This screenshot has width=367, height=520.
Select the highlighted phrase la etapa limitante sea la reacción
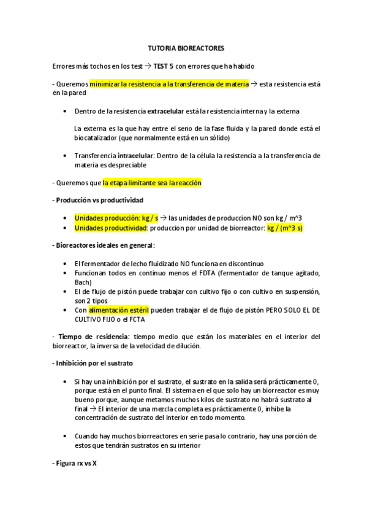152,183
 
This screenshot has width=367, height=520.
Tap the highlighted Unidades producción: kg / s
116,218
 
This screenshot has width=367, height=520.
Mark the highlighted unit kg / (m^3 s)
285,227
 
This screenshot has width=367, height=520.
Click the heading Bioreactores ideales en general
103,245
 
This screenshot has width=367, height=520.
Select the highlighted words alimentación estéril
123,310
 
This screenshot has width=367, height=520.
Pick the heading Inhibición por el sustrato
93,363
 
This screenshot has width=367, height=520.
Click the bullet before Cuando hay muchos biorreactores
66,436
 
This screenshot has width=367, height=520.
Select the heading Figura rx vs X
75,463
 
